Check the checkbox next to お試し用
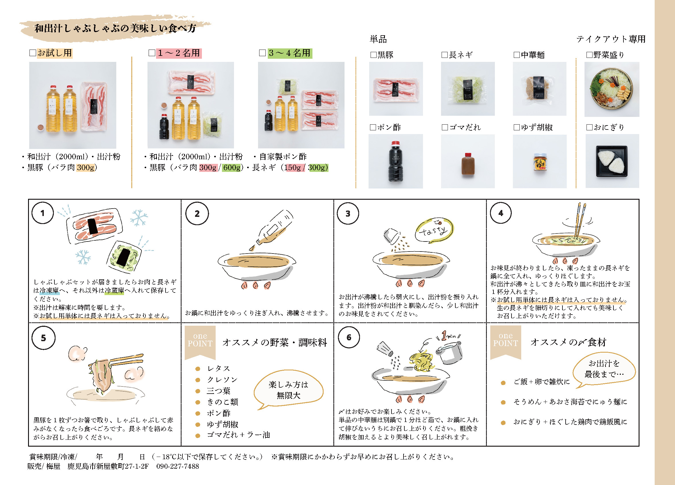(x=33, y=53)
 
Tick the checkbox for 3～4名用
(x=262, y=53)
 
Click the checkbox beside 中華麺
(x=517, y=55)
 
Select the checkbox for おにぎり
(x=589, y=127)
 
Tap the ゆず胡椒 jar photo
(x=540, y=162)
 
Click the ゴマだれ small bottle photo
(x=468, y=164)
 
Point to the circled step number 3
(x=348, y=213)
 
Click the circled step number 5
(x=44, y=338)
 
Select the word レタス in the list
(x=219, y=369)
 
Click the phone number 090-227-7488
(x=177, y=466)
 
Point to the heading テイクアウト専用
(x=611, y=39)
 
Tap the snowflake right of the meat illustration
(x=139, y=218)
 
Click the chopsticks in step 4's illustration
(x=580, y=220)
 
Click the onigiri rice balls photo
(x=612, y=161)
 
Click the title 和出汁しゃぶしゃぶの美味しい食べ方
(x=115, y=28)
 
